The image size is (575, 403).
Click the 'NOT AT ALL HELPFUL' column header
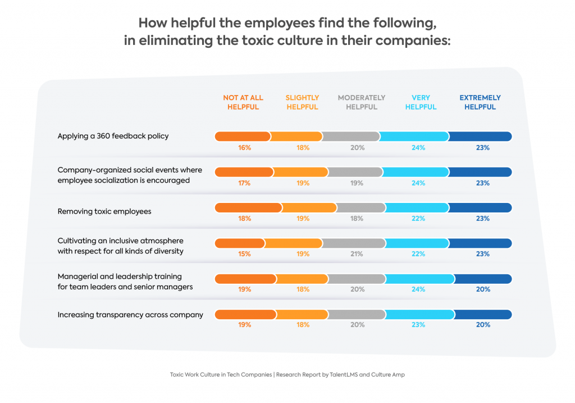pos(243,102)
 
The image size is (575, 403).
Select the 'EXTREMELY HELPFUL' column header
pos(480,102)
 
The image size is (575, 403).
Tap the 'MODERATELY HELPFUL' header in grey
pos(362,102)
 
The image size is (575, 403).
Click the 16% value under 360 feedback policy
pos(244,148)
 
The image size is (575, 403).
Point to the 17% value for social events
pos(244,183)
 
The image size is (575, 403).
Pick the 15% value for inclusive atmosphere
pos(244,254)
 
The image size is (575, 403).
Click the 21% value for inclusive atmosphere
pos(357,254)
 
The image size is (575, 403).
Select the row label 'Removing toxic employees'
pos(104,212)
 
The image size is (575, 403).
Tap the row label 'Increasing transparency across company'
pos(130,315)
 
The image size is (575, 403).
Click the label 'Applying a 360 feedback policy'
pos(113,136)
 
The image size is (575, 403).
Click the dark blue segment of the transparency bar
pos(483,314)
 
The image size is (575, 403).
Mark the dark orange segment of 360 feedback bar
pos(243,137)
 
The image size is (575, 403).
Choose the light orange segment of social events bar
pos(300,172)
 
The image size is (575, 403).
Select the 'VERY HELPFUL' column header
pos(421,102)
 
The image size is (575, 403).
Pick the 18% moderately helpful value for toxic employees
pos(357,219)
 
